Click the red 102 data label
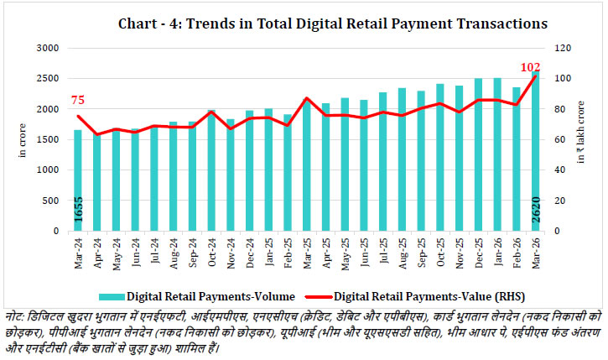[x=530, y=67]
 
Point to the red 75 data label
[x=79, y=101]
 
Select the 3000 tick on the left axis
[x=49, y=49]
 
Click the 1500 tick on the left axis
[x=49, y=140]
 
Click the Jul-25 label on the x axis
[x=382, y=249]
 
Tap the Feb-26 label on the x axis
[x=516, y=249]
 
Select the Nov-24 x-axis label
[x=230, y=249]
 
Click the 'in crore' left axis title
[x=23, y=140]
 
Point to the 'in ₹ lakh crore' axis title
[x=581, y=140]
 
